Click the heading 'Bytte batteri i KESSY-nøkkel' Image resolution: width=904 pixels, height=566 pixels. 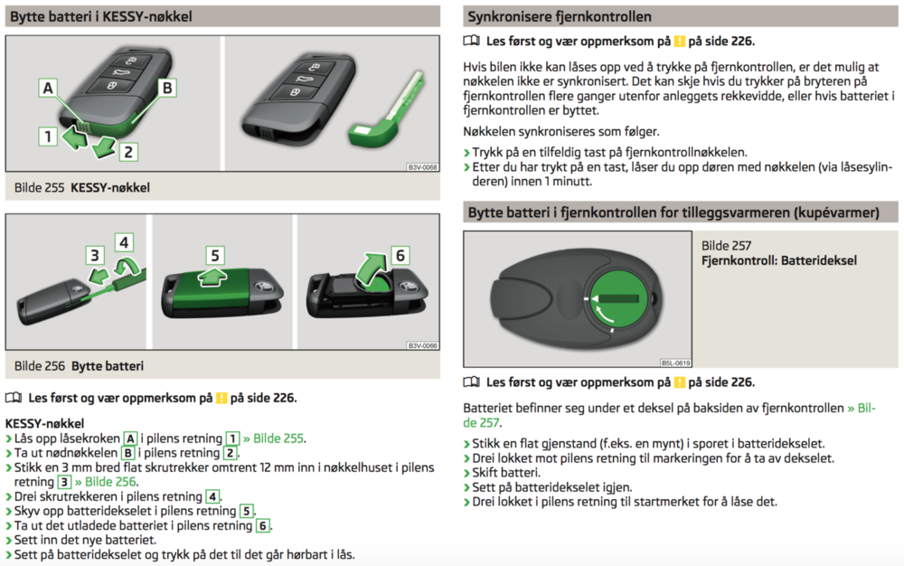click(x=101, y=16)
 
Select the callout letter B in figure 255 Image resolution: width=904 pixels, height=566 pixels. click(x=166, y=88)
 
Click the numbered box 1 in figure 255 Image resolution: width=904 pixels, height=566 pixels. click(x=46, y=137)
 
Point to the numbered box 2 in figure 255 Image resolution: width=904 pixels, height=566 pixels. click(x=128, y=152)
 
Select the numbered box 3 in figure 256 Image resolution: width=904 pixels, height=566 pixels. click(x=95, y=255)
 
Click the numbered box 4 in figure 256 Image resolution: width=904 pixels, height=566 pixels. click(x=124, y=241)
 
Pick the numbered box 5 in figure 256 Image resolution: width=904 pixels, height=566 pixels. click(x=215, y=256)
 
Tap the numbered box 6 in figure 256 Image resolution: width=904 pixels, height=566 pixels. click(x=399, y=256)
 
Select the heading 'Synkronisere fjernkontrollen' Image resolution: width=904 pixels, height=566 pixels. click(x=559, y=16)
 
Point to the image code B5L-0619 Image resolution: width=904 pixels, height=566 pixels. click(x=675, y=362)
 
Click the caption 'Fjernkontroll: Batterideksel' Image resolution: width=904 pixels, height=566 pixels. click(x=778, y=260)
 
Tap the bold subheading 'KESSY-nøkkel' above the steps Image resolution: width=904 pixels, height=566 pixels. click(x=44, y=422)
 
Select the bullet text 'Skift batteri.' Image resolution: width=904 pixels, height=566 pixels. click(x=511, y=473)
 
